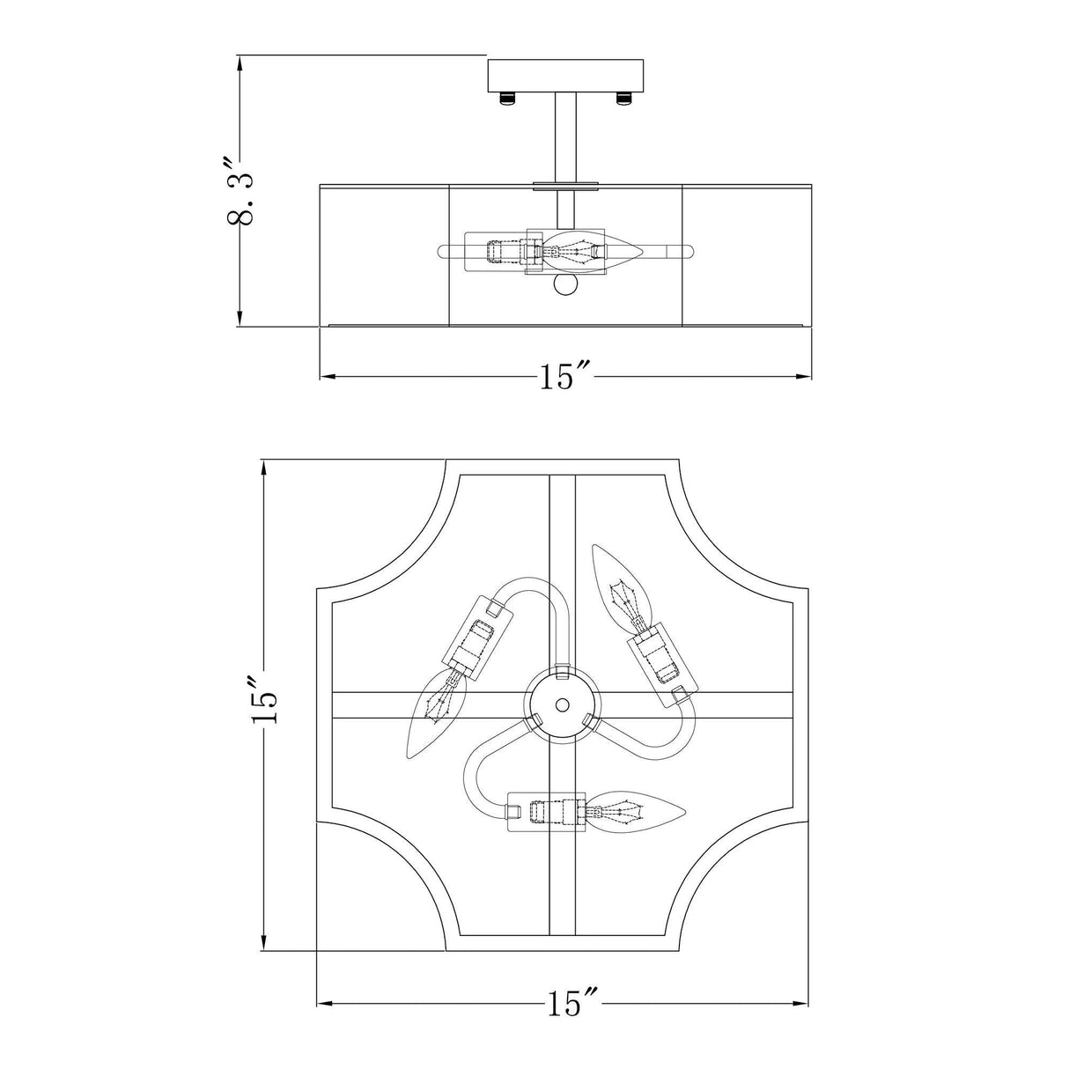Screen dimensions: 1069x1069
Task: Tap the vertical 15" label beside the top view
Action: pos(264,700)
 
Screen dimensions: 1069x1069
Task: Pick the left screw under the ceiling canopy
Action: pos(507,97)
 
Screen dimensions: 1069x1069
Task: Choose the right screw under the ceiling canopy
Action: pos(623,97)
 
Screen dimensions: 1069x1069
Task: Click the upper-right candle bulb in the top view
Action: pos(623,583)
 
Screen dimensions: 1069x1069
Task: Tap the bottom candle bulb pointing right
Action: pos(636,810)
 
